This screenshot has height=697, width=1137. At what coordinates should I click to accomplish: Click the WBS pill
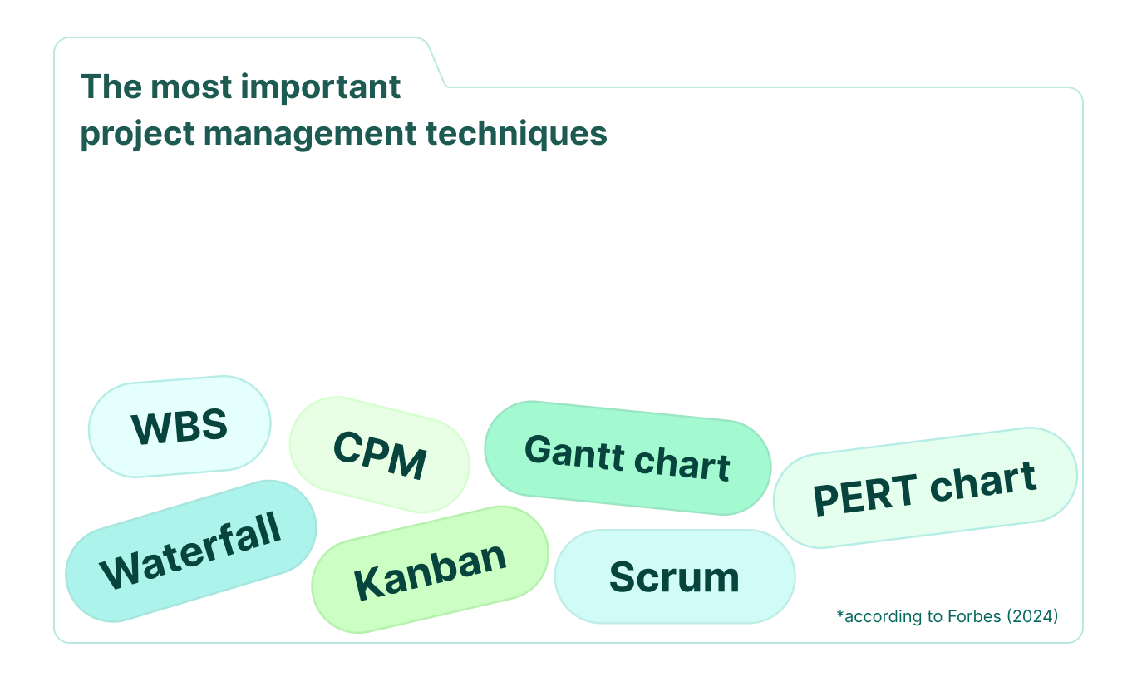point(180,427)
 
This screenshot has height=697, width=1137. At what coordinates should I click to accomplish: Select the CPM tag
point(379,454)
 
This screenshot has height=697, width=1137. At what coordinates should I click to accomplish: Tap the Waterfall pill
point(191,551)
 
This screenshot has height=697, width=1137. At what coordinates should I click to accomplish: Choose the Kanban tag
point(430,570)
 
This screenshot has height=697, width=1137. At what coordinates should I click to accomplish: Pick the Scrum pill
point(674,576)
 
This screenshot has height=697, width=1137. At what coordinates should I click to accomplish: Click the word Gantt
point(573,452)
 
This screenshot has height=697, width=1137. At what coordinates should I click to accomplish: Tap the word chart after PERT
point(982,482)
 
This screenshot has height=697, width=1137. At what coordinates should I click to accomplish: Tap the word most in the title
point(185,87)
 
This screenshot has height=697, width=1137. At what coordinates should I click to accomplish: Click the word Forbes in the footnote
point(973,616)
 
